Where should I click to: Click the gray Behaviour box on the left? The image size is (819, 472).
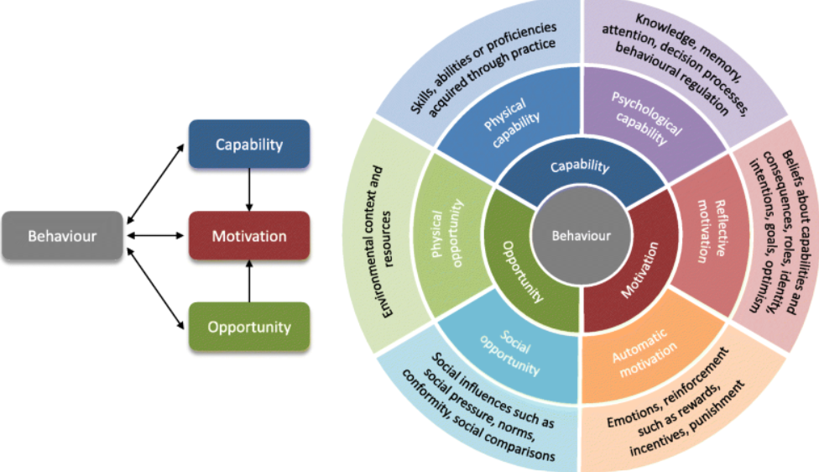[x=62, y=236]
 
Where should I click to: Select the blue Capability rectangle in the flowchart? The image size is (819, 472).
[x=249, y=144]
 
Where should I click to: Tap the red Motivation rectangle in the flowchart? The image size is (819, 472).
[x=249, y=236]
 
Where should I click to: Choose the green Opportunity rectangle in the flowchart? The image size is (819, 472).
[x=249, y=327]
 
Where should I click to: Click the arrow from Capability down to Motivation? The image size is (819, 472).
[x=249, y=190]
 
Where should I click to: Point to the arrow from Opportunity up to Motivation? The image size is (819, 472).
[x=249, y=281]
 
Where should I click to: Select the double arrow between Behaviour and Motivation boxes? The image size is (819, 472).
[x=155, y=236]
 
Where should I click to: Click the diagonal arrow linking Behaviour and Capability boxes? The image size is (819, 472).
[x=155, y=184]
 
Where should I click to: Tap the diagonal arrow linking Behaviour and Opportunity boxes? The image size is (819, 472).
[x=155, y=289]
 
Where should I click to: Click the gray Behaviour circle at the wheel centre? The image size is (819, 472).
[x=582, y=236]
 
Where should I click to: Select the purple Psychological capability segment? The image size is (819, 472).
[x=648, y=118]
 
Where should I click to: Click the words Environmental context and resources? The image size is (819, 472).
[x=380, y=243]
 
